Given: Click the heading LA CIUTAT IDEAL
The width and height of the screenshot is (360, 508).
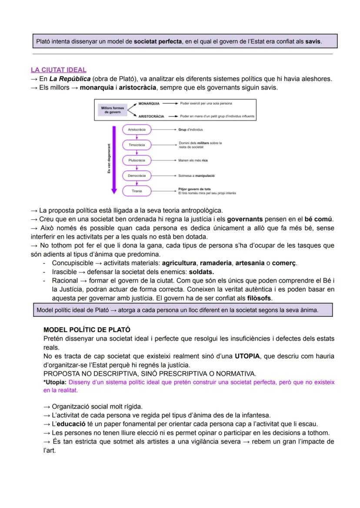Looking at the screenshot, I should click(58, 70).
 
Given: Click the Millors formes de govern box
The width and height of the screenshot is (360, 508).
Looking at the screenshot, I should click(112, 110).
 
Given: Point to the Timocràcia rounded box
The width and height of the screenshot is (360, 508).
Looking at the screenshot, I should click(137, 145).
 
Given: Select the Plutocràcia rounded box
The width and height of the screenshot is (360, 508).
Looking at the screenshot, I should click(137, 160).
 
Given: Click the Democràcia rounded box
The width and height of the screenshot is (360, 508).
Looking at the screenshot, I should click(137, 176).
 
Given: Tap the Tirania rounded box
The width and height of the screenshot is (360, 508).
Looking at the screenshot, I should click(137, 191).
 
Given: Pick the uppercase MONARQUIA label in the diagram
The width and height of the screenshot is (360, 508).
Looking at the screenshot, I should click(149, 104).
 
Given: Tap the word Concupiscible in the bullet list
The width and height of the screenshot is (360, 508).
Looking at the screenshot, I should click(72, 263).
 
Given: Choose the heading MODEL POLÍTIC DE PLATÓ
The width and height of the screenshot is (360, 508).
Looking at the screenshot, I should click(87, 330).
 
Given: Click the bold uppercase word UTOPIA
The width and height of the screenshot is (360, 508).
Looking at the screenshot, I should click(247, 356).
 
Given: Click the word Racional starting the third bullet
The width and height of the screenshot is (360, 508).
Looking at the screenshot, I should click(65, 281).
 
